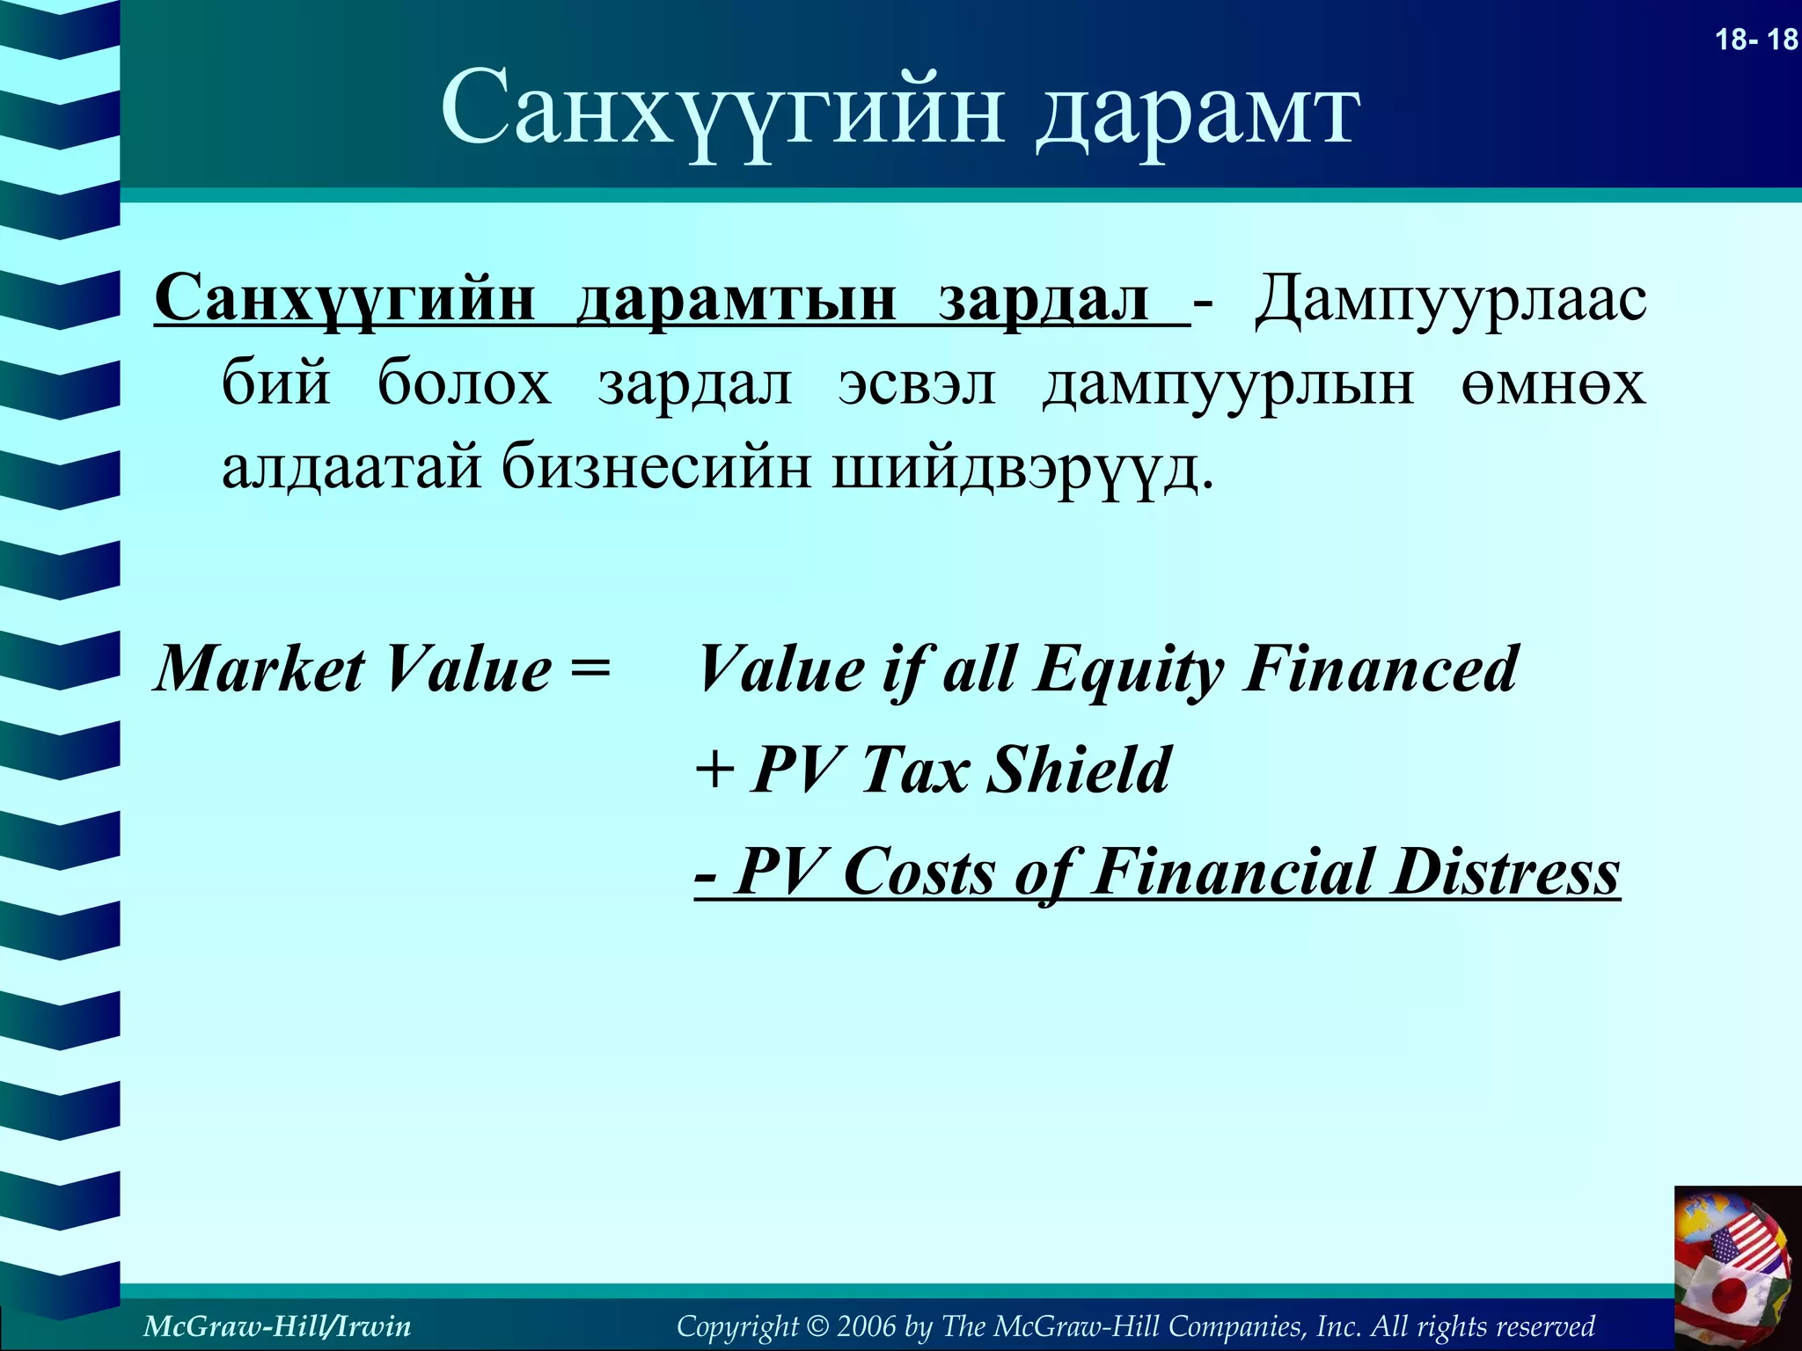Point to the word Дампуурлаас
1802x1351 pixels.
click(x=1450, y=299)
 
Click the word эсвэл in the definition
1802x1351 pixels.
click(x=916, y=383)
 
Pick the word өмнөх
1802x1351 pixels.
click(x=1553, y=383)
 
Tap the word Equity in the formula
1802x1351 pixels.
click(x=1128, y=670)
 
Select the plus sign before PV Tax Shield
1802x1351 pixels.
click(x=714, y=770)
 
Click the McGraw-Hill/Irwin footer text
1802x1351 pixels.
click(x=276, y=1325)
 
